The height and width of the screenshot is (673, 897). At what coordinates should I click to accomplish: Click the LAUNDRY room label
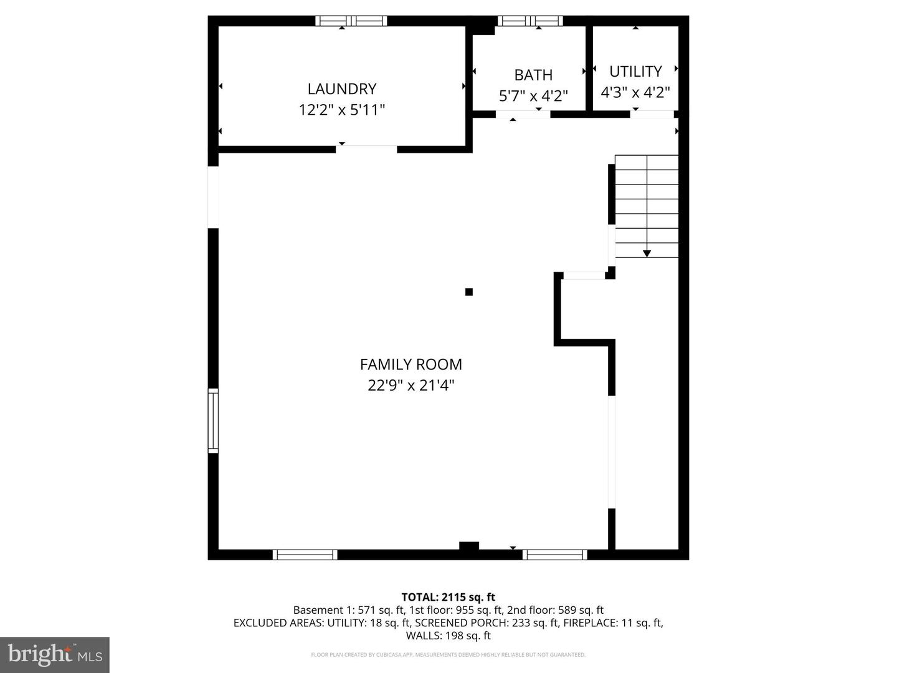click(341, 88)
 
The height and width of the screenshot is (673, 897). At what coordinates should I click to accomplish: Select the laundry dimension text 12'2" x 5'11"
click(341, 110)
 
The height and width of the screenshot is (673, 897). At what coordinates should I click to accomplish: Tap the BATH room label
click(533, 75)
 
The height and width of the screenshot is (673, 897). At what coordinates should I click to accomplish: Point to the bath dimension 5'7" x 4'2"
click(533, 96)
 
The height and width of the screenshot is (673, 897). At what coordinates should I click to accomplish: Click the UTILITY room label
click(635, 71)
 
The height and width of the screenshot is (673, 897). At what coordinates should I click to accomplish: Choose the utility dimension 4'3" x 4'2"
click(635, 93)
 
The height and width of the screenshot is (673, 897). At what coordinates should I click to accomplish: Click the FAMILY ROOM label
click(411, 364)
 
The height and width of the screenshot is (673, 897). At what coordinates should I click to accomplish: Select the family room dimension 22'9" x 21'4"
click(411, 386)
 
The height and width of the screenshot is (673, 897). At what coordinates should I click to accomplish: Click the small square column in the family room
click(469, 292)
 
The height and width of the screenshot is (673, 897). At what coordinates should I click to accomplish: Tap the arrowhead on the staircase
click(647, 253)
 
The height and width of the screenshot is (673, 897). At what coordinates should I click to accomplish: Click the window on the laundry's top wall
click(351, 21)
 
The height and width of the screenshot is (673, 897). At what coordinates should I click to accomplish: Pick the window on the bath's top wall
click(530, 21)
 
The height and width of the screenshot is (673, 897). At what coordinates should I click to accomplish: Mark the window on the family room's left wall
click(213, 420)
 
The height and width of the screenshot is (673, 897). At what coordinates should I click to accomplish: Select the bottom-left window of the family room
click(305, 555)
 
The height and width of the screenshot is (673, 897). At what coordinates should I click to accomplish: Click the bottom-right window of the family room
click(555, 555)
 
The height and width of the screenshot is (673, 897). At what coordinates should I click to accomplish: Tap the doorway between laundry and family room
click(367, 149)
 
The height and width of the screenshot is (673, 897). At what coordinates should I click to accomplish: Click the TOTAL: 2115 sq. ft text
click(448, 597)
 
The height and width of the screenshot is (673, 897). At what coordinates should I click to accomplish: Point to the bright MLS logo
click(55, 654)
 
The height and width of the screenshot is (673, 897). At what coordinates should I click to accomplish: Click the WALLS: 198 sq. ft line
click(448, 636)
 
